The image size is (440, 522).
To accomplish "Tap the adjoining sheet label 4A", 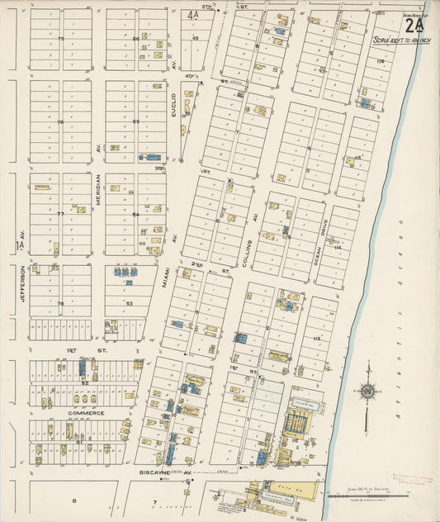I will coord(194,15).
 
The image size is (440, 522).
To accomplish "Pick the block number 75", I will coord(60,39).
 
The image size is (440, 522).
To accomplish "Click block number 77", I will coord(60,214).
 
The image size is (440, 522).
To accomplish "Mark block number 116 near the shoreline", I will coord(380,62).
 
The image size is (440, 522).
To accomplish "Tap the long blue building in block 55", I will coord(153,155).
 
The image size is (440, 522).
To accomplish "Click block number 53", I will coord(129,303).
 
